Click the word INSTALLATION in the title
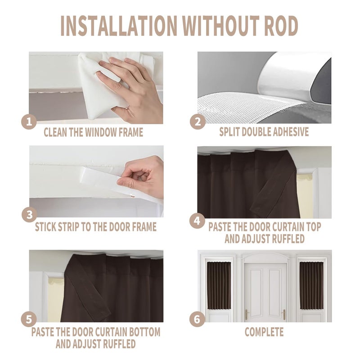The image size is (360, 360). click(119, 26)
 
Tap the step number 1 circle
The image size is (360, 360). click(29, 121)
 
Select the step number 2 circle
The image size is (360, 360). click(198, 121)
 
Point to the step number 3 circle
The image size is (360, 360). click(29, 215)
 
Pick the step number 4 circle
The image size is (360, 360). click(197, 221)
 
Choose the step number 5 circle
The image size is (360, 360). click(29, 319)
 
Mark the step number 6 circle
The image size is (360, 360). click(197, 319)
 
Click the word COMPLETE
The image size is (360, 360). click(264, 332)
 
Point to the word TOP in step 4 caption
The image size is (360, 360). click(314, 227)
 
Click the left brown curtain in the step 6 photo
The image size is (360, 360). click(219, 285)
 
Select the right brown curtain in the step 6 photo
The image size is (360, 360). click(311, 285)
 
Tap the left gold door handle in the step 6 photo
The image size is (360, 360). click(247, 314)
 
